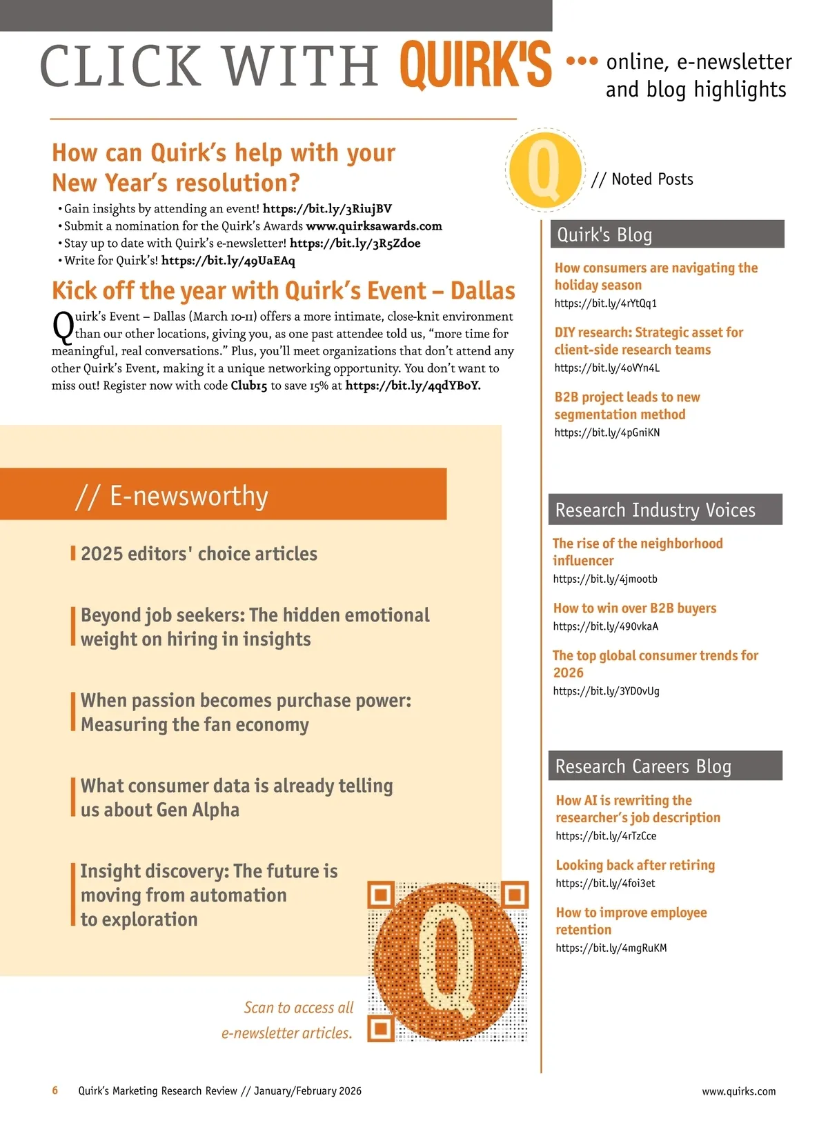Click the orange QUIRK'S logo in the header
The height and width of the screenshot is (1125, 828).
[475, 65]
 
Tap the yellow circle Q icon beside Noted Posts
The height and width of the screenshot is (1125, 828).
[544, 170]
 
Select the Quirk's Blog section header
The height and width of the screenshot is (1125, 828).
[667, 235]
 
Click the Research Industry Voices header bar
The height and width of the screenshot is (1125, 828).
[665, 510]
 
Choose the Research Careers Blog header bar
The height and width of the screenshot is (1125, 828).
[665, 766]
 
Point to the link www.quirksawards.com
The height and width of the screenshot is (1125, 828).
[374, 226]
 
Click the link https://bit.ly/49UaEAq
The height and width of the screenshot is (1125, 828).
[228, 261]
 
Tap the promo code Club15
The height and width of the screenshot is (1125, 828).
[248, 386]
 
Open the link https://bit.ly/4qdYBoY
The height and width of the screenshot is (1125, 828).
[413, 386]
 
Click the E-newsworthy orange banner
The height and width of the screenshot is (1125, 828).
[224, 495]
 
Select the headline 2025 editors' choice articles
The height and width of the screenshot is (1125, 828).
[199, 554]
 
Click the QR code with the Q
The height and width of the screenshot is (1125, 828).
[448, 961]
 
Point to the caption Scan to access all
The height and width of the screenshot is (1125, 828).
[298, 1008]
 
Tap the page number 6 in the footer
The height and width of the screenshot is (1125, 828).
[55, 1091]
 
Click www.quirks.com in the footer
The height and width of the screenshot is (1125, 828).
[738, 1091]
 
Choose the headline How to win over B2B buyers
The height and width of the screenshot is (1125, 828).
[635, 608]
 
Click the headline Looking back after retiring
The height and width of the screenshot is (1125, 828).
[635, 865]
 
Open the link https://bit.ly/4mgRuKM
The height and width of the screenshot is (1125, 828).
[611, 948]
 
